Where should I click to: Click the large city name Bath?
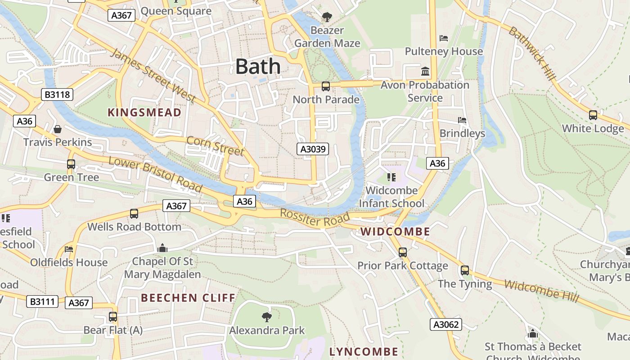point(258,67)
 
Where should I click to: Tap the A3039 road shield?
point(313,149)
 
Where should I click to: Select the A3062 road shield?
point(445,324)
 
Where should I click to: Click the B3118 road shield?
point(57,94)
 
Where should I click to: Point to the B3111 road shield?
point(43,301)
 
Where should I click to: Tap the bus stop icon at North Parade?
point(326,86)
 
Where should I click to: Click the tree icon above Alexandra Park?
point(267,317)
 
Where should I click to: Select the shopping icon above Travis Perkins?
point(58,130)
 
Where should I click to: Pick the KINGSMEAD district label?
point(144,112)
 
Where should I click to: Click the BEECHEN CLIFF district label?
point(188,298)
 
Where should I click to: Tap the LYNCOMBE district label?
point(364,352)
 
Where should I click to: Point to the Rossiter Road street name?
point(315,218)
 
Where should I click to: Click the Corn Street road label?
point(215,145)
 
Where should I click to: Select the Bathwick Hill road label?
point(532,54)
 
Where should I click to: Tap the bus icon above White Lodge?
point(593,115)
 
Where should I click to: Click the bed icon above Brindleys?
point(462,120)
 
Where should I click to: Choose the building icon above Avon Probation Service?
point(425,71)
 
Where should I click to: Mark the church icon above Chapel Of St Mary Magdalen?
point(162,248)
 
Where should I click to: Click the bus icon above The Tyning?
point(465,270)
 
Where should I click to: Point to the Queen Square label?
point(176,11)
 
